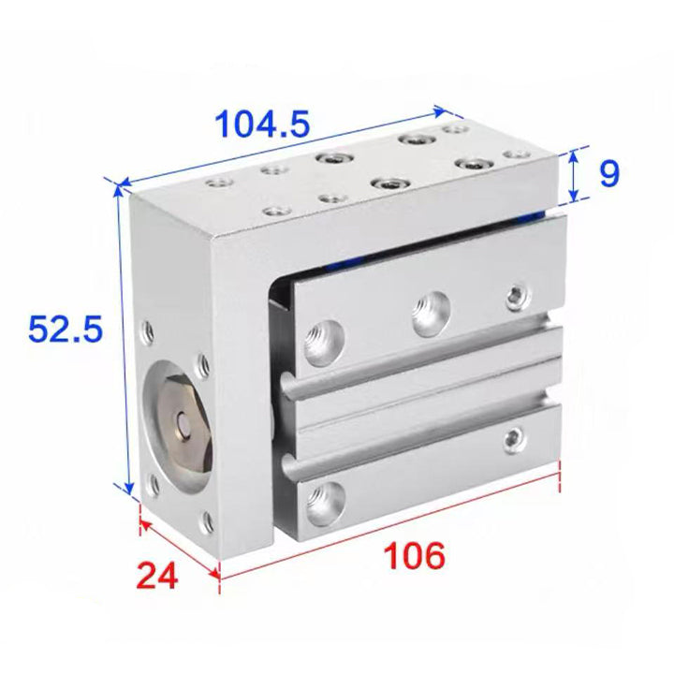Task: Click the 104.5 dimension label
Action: click(262, 125)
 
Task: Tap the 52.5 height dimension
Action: click(66, 329)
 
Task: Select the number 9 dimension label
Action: click(609, 173)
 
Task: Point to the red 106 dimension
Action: click(414, 555)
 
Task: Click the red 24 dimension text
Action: click(157, 576)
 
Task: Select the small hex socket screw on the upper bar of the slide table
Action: click(517, 296)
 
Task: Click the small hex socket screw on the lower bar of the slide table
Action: click(514, 439)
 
